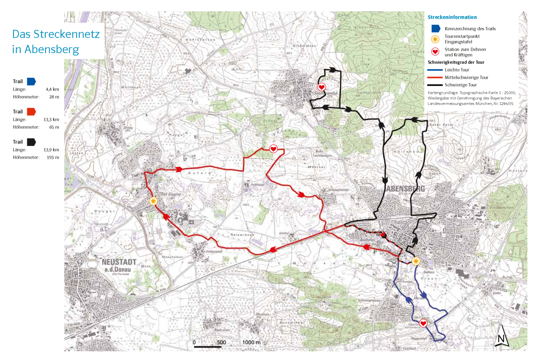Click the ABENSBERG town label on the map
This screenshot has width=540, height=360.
(x=405, y=189)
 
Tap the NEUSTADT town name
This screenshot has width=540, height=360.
(x=119, y=262)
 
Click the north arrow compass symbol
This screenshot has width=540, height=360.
(x=501, y=336)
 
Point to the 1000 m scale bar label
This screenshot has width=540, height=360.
(x=251, y=342)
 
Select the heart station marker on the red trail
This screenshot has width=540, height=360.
(x=273, y=149)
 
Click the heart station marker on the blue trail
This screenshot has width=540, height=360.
(x=423, y=323)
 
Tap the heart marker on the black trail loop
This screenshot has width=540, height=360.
(x=322, y=87)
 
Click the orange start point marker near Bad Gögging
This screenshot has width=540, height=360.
(x=153, y=201)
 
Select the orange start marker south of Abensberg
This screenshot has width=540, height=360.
(x=416, y=261)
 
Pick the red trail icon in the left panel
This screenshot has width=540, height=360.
(x=31, y=112)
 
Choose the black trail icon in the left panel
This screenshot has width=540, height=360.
(x=31, y=142)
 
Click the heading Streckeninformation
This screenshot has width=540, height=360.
(x=452, y=17)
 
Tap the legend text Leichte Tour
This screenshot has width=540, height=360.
(x=457, y=70)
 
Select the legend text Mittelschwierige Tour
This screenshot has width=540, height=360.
(x=466, y=77)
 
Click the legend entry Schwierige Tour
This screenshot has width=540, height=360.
(x=461, y=85)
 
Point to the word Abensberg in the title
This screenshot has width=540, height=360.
(x=52, y=49)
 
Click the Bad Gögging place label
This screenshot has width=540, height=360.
(x=171, y=194)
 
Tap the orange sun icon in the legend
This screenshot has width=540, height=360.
(x=435, y=39)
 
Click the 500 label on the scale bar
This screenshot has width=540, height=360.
(x=221, y=342)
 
